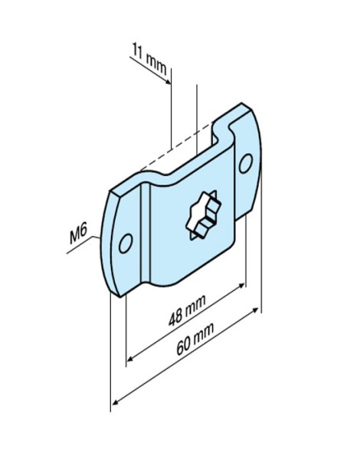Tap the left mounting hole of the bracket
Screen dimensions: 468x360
(126, 243)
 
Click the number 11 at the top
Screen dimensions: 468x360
(139, 55)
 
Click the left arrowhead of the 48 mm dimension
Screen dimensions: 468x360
(130, 356)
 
